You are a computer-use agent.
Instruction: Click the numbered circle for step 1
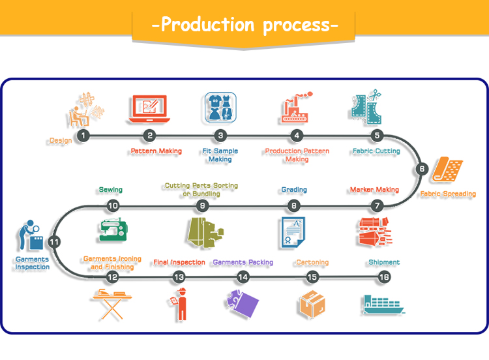[x=83, y=136]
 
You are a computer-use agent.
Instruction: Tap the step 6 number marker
[x=422, y=169]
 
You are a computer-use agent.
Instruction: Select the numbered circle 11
[x=55, y=241]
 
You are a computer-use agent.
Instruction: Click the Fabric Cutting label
[x=376, y=151]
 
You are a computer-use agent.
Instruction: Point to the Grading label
[x=294, y=190]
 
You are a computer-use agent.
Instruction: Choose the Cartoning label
[x=312, y=263]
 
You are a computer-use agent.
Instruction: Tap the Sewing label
[x=110, y=190]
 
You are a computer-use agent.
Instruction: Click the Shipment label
[x=383, y=262]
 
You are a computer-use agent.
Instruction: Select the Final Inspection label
[x=179, y=263]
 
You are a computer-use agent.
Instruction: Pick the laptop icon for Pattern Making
[x=149, y=109]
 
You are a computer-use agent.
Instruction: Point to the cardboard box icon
[x=312, y=304]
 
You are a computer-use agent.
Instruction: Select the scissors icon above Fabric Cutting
[x=366, y=108]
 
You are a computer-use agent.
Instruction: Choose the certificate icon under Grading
[x=293, y=232]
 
